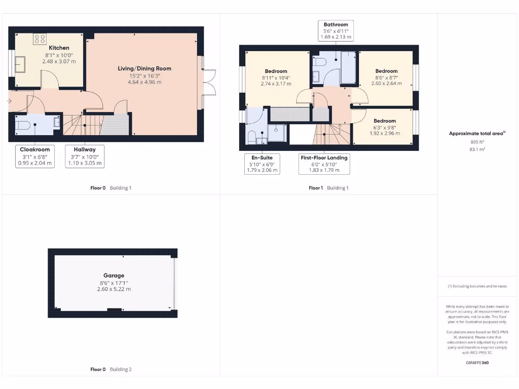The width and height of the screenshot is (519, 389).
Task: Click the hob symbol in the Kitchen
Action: pyautogui.click(x=40, y=38)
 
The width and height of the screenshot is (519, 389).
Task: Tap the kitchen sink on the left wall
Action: pyautogui.click(x=21, y=65)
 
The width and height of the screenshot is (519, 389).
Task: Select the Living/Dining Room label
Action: pyautogui.click(x=144, y=68)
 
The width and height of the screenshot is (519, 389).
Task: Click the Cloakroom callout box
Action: pyautogui.click(x=35, y=157)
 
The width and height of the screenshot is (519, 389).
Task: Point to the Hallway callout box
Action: pyautogui.click(x=85, y=157)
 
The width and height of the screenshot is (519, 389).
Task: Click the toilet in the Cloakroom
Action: pyautogui.click(x=22, y=125)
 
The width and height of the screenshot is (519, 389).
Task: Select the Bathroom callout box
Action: pyautogui.click(x=336, y=31)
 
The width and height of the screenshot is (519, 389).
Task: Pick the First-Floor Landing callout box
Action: pyautogui.click(x=324, y=164)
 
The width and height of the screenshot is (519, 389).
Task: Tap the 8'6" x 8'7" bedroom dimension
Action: pyautogui.click(x=386, y=77)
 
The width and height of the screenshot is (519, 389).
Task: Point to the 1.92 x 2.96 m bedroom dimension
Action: pyautogui.click(x=385, y=134)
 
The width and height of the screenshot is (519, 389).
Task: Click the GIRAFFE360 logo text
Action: pyautogui.click(x=477, y=363)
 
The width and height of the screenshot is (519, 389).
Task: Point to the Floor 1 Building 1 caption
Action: pyautogui.click(x=328, y=188)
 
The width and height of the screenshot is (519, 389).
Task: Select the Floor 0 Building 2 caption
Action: pyautogui.click(x=110, y=370)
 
